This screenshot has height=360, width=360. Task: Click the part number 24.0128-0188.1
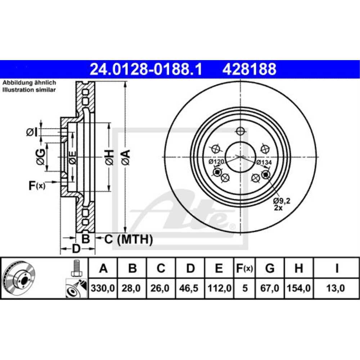click(146, 69)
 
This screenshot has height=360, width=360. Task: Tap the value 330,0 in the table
click(103, 288)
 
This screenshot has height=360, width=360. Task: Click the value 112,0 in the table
click(219, 288)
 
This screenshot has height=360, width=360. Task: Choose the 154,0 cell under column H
click(298, 288)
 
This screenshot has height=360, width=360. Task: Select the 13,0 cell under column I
click(336, 288)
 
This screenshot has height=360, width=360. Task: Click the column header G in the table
click(270, 268)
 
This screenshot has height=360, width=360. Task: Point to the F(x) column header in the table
click(244, 268)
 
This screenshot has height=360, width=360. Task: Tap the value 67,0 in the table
click(270, 288)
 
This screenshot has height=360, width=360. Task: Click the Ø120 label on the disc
click(216, 162)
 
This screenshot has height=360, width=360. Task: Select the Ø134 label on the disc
click(264, 162)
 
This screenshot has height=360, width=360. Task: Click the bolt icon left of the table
click(76, 268)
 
